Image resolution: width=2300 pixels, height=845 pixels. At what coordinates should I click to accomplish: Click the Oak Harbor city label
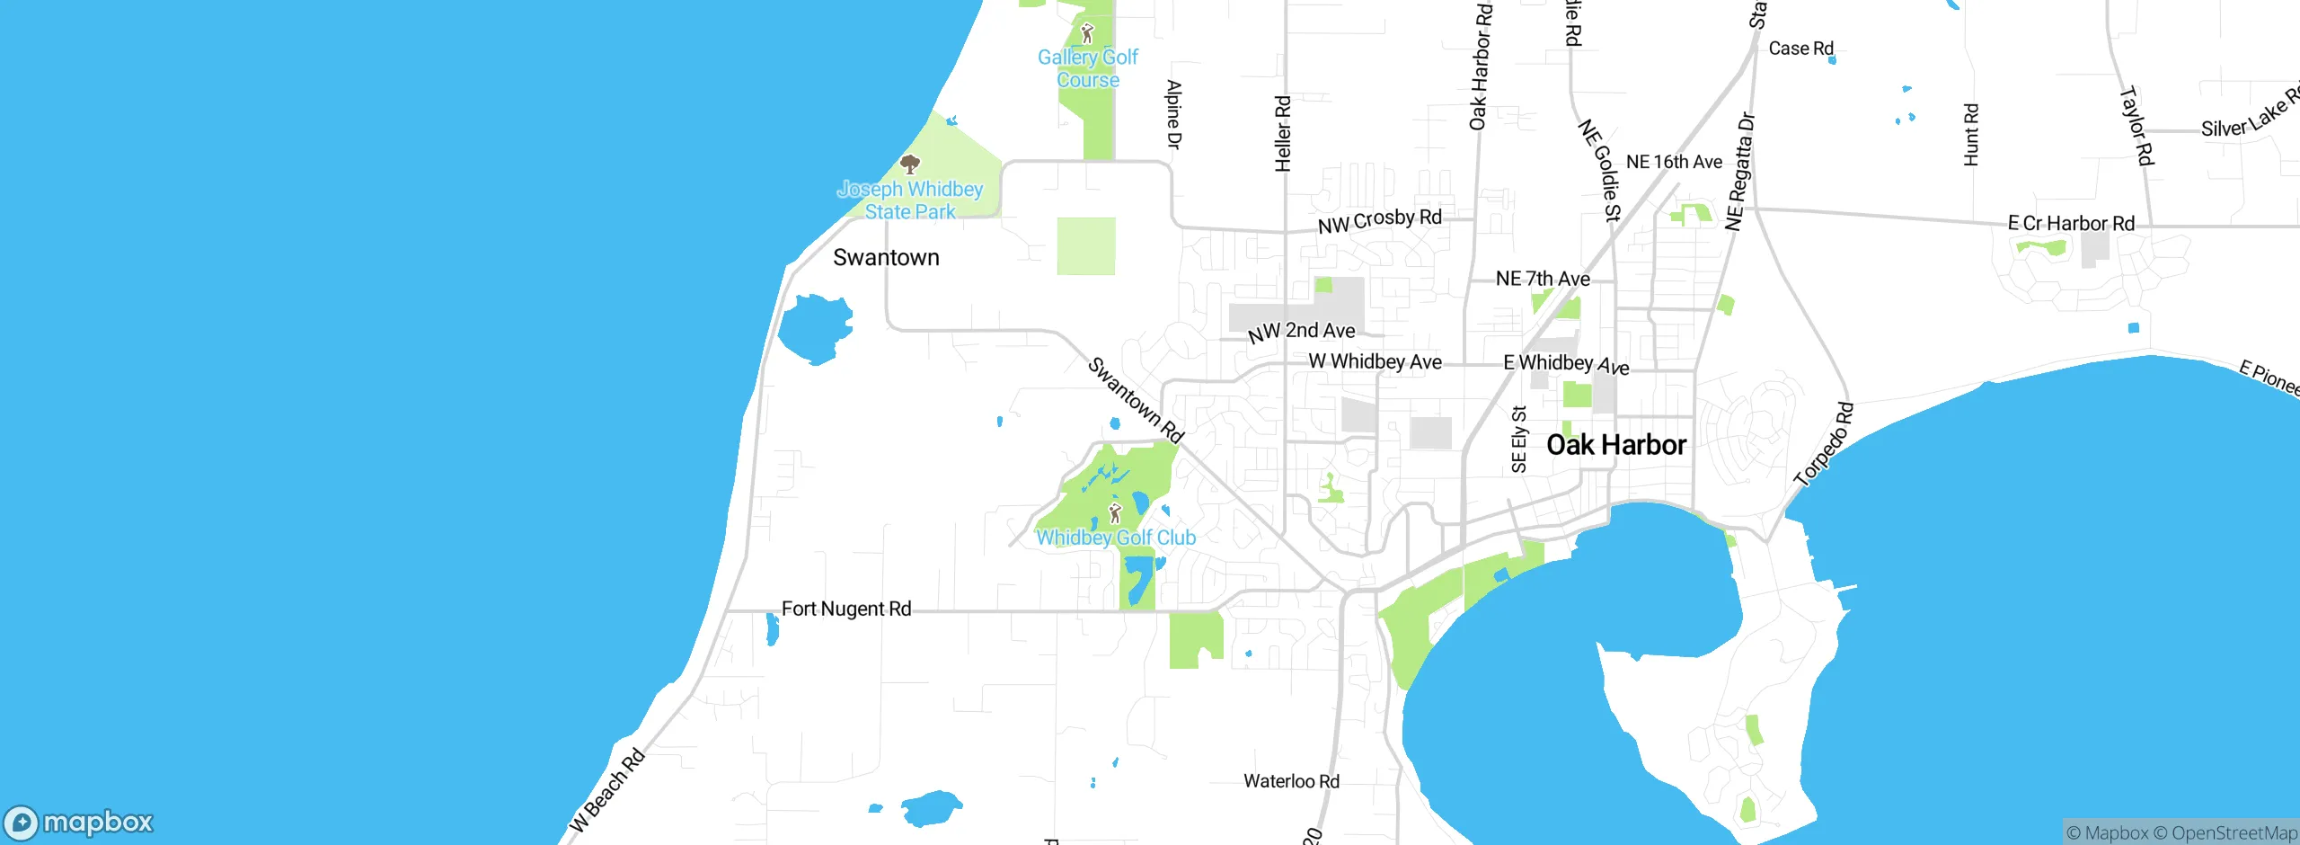point(1615,445)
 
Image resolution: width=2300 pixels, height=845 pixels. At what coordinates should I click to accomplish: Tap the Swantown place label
point(886,258)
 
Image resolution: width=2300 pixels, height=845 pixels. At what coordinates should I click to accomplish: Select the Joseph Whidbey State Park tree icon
point(910,164)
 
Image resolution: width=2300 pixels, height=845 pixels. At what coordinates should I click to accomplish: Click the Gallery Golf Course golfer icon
point(1087,34)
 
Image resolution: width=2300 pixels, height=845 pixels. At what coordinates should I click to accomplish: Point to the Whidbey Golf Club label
point(1116,538)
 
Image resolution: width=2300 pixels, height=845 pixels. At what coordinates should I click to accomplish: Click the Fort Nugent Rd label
point(846,609)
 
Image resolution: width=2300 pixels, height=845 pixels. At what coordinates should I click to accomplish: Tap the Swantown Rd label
point(1136,400)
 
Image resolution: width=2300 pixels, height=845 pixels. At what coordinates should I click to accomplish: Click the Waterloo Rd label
point(1291,781)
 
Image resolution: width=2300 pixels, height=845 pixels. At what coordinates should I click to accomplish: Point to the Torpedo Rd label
point(1823,445)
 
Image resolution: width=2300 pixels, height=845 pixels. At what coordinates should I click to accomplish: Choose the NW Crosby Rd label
point(1379,220)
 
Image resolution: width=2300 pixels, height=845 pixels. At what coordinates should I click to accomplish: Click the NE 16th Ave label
point(1674,162)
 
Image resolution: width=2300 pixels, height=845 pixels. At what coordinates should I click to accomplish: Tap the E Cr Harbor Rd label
point(2071,223)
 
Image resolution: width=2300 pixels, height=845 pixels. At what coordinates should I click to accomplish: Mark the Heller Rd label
point(1283,133)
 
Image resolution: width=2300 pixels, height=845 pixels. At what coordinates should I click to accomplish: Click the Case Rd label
point(1800,49)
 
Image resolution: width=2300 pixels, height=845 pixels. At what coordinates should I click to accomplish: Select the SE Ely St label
point(1518,440)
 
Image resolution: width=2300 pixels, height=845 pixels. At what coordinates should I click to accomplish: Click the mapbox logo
point(78,822)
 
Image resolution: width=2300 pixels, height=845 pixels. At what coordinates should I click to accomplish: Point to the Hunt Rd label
point(1971,135)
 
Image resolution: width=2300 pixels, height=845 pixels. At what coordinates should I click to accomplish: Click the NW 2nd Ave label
point(1302,332)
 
